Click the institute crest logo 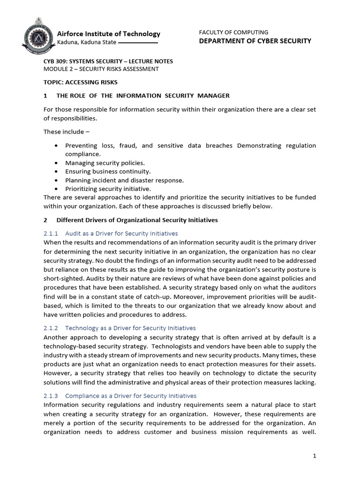click(x=37, y=37)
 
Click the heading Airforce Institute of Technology click(x=108, y=34)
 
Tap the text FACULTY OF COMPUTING click(x=233, y=32)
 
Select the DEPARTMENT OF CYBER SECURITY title click(x=255, y=41)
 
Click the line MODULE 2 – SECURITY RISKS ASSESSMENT click(x=101, y=69)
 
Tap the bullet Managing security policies click(x=98, y=163)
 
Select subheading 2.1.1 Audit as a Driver click(x=111, y=233)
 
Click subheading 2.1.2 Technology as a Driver click(x=120, y=328)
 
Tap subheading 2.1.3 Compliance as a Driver click(x=120, y=396)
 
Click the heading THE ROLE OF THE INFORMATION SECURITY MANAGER click(x=143, y=96)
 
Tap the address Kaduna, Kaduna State click(x=86, y=43)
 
